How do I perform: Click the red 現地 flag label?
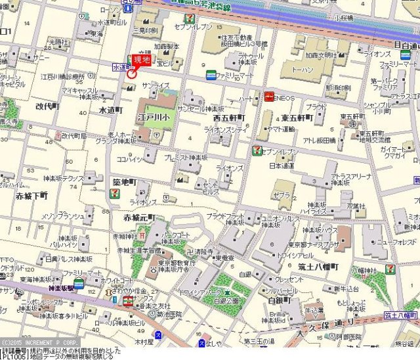[142, 60]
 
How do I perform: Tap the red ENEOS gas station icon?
[270, 97]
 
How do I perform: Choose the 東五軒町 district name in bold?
[297, 118]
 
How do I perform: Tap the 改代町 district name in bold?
[47, 106]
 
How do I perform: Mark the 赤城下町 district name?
[31, 196]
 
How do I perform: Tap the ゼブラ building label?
[283, 196]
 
